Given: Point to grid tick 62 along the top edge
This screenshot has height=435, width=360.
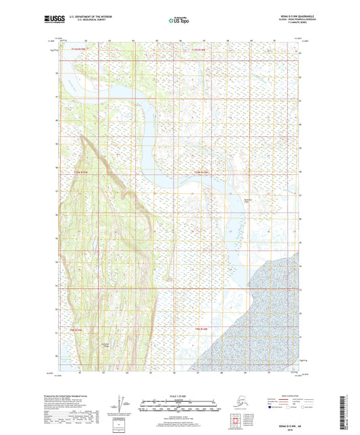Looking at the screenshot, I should [x=86, y=41].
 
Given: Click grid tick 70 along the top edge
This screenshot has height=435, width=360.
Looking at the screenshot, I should [x=274, y=41].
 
